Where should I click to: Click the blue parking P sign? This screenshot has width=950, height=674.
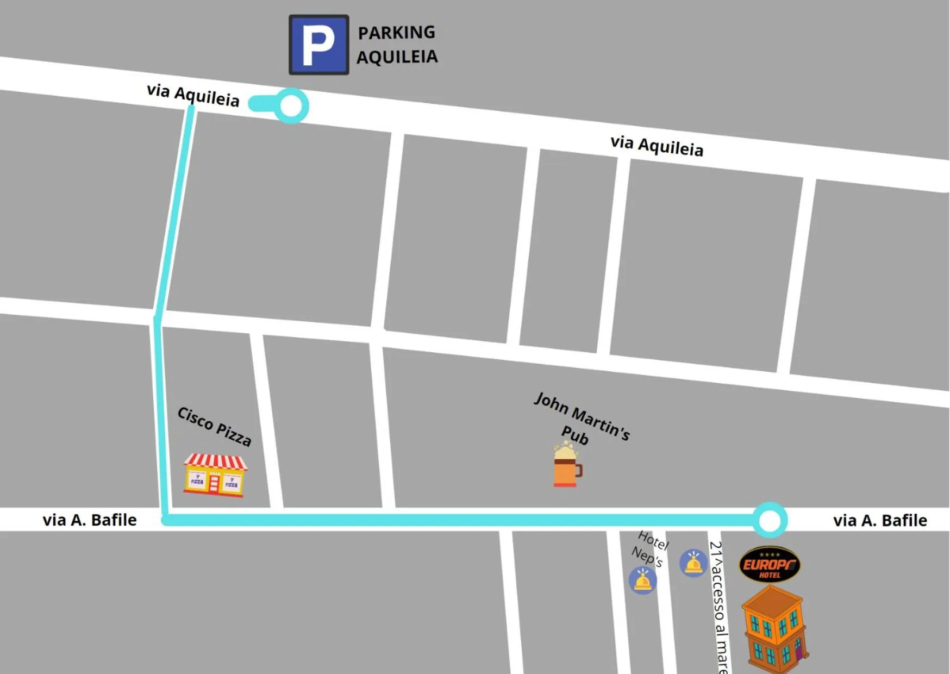point(318,45)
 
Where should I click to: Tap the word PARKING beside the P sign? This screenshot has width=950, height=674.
point(396,33)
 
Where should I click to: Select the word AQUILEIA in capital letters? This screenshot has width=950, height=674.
point(397,57)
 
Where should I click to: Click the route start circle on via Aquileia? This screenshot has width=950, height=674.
point(291,105)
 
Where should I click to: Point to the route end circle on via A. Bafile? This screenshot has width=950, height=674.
point(770,521)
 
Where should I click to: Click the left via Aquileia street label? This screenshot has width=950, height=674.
point(193,95)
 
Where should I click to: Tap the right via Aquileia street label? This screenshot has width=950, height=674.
point(657,146)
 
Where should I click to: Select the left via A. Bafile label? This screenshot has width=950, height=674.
point(90,520)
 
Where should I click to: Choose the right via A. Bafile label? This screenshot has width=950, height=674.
point(880,521)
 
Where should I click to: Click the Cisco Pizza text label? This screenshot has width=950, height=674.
point(215,426)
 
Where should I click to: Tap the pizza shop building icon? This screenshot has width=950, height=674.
point(215,476)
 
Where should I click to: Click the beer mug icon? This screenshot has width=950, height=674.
point(567,466)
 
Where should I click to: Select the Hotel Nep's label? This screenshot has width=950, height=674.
point(650,548)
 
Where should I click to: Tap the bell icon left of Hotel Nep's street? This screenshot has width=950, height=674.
point(642,581)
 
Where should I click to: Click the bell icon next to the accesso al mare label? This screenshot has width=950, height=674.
point(693,563)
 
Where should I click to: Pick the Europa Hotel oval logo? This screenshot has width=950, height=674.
point(770,564)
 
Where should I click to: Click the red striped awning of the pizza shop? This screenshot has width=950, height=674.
point(215,462)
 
